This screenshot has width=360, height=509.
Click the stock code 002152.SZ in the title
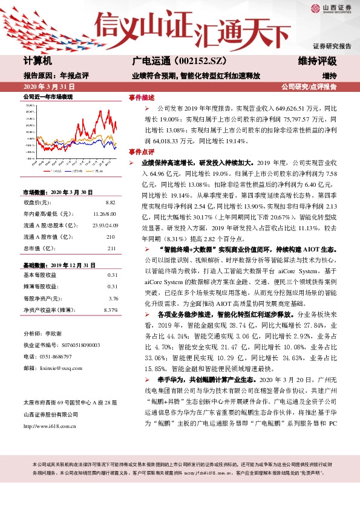pos(190,61)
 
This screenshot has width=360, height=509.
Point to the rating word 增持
pos(329,76)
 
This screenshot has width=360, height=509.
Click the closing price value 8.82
pos(111,202)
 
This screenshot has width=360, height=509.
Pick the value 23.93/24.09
pos(105,225)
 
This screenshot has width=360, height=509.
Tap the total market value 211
pos(111,248)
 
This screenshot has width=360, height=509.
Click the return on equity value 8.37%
pos(110,310)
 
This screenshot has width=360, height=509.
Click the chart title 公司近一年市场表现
pos(48,97)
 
